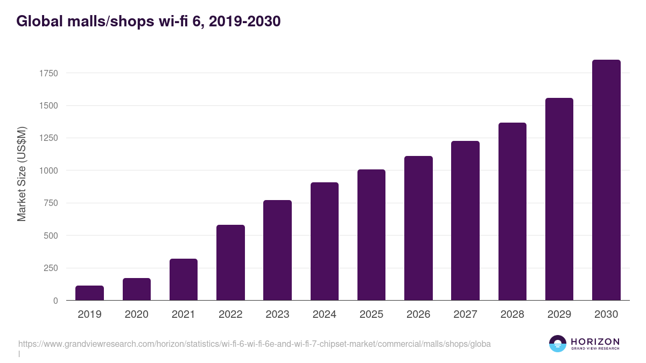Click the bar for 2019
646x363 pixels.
click(89, 293)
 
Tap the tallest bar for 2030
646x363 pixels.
click(606, 180)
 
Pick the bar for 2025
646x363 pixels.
click(371, 235)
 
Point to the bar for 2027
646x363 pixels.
click(465, 220)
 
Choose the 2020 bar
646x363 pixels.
click(137, 289)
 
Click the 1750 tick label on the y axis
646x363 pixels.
click(49, 73)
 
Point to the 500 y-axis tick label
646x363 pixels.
click(51, 236)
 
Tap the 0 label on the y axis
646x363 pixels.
click(55, 301)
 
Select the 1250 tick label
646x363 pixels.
click(49, 138)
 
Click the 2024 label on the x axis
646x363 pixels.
click(325, 315)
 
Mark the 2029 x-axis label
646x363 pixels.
click(559, 315)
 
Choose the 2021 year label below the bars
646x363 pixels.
click(184, 315)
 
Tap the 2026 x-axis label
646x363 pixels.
click(418, 315)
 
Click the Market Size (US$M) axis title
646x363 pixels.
click(22, 174)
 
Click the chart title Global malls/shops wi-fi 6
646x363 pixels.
click(148, 22)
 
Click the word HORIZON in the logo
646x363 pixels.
click(595, 341)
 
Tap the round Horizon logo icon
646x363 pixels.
click(558, 344)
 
